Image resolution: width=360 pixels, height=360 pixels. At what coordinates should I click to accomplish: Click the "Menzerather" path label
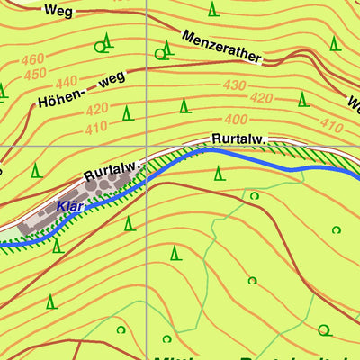220,49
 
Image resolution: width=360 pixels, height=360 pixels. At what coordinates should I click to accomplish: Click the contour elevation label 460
32,60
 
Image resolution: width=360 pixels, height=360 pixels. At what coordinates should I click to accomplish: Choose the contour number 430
234,85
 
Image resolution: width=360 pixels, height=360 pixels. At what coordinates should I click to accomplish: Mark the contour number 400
236,119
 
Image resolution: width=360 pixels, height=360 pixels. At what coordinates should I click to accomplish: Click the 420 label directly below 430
261,97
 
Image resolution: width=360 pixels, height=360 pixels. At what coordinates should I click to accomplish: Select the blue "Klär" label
69,206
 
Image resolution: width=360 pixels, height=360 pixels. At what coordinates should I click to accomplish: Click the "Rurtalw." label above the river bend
238,139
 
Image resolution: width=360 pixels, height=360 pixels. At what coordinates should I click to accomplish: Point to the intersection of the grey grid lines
146,146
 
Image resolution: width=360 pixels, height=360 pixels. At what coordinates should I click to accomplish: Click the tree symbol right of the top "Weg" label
213,9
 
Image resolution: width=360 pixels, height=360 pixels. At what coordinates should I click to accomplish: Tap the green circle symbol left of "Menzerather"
160,54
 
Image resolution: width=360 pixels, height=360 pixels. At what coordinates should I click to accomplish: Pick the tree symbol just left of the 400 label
184,106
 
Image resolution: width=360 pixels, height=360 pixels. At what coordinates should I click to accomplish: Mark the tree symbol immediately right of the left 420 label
127,113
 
